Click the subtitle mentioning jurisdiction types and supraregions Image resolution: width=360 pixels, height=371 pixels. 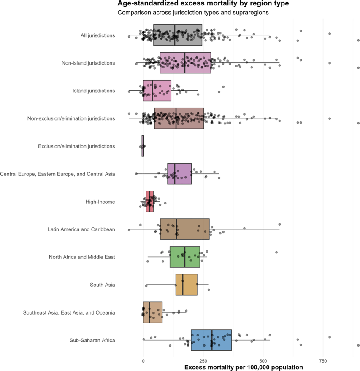pyautogui.click(x=193, y=13)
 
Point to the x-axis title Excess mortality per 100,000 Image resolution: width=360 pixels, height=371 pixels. pyautogui.click(x=244, y=367)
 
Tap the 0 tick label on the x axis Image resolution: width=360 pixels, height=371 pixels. pyautogui.click(x=143, y=361)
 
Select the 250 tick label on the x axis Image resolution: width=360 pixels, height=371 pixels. pyautogui.click(x=203, y=361)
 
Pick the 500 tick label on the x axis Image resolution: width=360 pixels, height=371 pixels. pyautogui.click(x=263, y=361)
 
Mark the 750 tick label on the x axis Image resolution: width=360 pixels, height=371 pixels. pyautogui.click(x=323, y=361)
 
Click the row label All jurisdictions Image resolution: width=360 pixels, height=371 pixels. pyautogui.click(x=97, y=35)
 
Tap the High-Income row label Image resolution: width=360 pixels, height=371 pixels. pyautogui.click(x=100, y=202)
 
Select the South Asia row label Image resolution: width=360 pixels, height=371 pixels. pyautogui.click(x=102, y=285)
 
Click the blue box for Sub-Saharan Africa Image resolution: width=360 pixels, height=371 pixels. pyautogui.click(x=211, y=340)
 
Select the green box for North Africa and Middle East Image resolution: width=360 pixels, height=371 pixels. pyautogui.click(x=185, y=257)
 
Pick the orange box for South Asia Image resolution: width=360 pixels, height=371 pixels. pyautogui.click(x=187, y=285)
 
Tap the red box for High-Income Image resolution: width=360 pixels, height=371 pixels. pyautogui.click(x=150, y=202)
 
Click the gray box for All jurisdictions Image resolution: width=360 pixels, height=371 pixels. pyautogui.click(x=178, y=35)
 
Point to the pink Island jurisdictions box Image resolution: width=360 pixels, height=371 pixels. pyautogui.click(x=157, y=91)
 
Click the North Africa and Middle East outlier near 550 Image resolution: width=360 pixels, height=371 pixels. pyautogui.click(x=276, y=252)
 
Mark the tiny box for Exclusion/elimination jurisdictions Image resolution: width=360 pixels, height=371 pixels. pyautogui.click(x=143, y=146)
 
